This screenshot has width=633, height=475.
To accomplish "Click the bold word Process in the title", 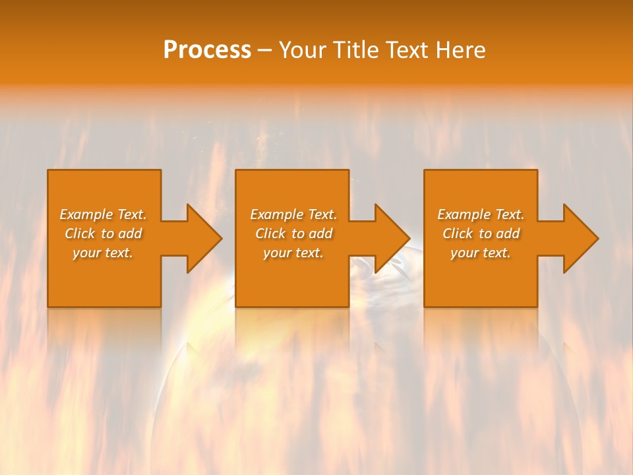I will point(207,50).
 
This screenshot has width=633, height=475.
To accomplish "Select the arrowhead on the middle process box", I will point(391,238).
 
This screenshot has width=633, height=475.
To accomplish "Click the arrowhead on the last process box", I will point(580,238).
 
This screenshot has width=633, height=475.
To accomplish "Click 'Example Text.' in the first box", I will point(103,214).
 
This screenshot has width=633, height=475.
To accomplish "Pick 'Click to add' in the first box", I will point(103,234).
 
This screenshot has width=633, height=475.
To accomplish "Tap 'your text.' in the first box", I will point(103,253).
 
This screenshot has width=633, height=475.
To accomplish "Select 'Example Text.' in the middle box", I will point(293,214).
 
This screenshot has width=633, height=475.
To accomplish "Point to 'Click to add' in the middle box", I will point(293,234).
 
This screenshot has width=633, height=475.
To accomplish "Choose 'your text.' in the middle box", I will point(293,253).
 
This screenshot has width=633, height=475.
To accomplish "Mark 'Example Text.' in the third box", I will point(481,214).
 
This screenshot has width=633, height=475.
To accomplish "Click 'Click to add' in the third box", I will point(481,234).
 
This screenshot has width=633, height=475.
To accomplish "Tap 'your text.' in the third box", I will point(481,253).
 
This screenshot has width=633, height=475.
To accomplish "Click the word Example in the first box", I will point(86,214).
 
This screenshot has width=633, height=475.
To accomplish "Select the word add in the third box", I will point(508,234).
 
